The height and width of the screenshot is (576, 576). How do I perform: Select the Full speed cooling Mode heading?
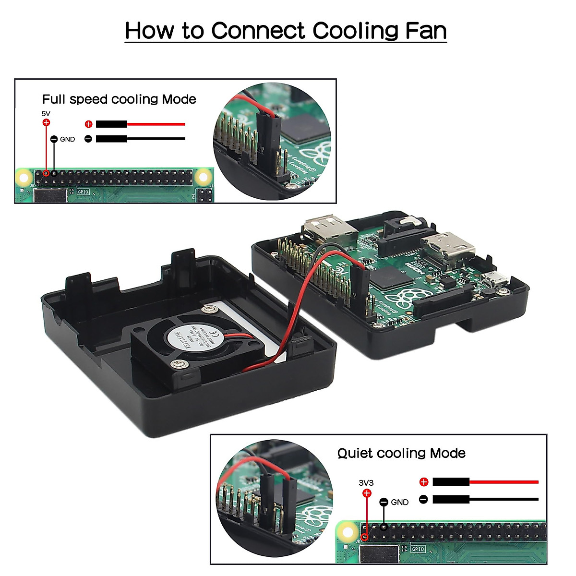(119, 99)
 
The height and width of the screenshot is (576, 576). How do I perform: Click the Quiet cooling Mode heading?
(401, 453)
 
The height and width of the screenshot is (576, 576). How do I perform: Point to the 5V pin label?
(46, 114)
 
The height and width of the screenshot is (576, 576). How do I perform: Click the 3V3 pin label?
(366, 483)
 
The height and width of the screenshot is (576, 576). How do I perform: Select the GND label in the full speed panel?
(67, 139)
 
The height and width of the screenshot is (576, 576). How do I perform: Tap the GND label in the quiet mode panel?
(399, 502)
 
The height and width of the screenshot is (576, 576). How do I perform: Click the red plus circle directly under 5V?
(46, 123)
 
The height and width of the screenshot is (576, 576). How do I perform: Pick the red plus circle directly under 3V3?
(367, 493)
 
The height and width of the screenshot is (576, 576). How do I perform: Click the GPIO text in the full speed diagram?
(83, 191)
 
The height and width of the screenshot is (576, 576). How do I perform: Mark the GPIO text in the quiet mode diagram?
(418, 549)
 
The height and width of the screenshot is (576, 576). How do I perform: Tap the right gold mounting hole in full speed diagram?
(204, 177)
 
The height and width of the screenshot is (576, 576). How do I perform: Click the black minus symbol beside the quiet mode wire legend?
(423, 499)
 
